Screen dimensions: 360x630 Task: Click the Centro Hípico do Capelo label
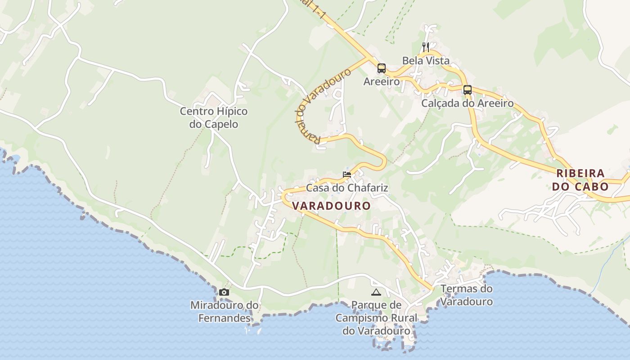[x=214, y=117]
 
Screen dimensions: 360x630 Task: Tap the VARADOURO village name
[x=332, y=206]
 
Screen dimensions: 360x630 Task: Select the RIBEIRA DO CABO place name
[x=580, y=180]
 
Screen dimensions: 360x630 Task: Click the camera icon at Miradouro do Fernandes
[x=224, y=292]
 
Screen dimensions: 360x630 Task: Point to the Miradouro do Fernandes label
[x=225, y=311]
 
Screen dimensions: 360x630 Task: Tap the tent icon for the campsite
[x=376, y=292]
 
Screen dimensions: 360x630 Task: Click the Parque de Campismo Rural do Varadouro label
[x=376, y=318]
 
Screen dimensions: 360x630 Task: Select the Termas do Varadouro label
[x=466, y=295]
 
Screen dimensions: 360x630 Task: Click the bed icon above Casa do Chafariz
[x=346, y=174]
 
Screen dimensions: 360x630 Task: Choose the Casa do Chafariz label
[x=347, y=188]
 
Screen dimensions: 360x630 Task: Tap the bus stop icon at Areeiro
[x=382, y=68]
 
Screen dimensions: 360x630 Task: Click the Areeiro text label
[x=382, y=82]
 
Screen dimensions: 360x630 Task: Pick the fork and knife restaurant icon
[x=426, y=47]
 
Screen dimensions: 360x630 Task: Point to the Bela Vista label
[x=426, y=60]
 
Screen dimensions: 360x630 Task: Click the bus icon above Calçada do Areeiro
[x=468, y=90]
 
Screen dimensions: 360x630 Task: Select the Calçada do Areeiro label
[x=467, y=103]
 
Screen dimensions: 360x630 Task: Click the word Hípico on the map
[x=232, y=111]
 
